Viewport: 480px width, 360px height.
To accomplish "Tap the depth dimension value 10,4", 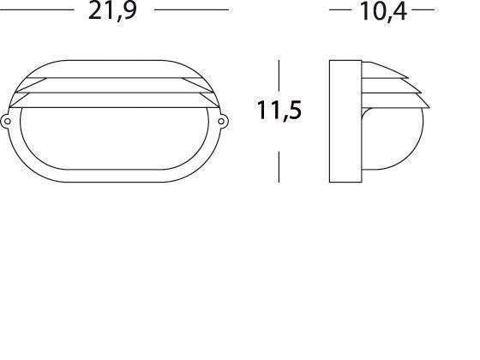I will coord(382,12).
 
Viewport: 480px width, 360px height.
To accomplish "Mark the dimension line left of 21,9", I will coord(39,10).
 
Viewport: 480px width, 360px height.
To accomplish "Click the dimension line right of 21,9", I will coord(190,10).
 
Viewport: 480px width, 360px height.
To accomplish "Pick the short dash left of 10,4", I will coord(340,10).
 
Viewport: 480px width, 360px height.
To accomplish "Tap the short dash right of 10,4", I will coord(423,10).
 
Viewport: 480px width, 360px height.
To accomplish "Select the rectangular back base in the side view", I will coord(345,120).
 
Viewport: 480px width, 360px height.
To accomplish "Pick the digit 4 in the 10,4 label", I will coord(397,12).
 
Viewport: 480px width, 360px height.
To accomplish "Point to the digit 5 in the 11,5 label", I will coord(293,111).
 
